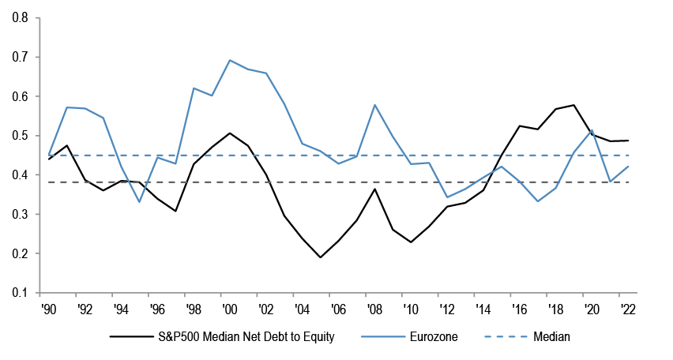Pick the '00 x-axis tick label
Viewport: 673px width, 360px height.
click(229, 309)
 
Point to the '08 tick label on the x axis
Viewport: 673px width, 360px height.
click(377, 309)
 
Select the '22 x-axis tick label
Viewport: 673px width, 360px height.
click(628, 309)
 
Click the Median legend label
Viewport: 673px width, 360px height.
click(551, 337)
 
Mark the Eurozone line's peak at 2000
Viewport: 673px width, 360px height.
click(229, 60)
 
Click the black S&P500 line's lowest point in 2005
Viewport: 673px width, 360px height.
click(321, 257)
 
